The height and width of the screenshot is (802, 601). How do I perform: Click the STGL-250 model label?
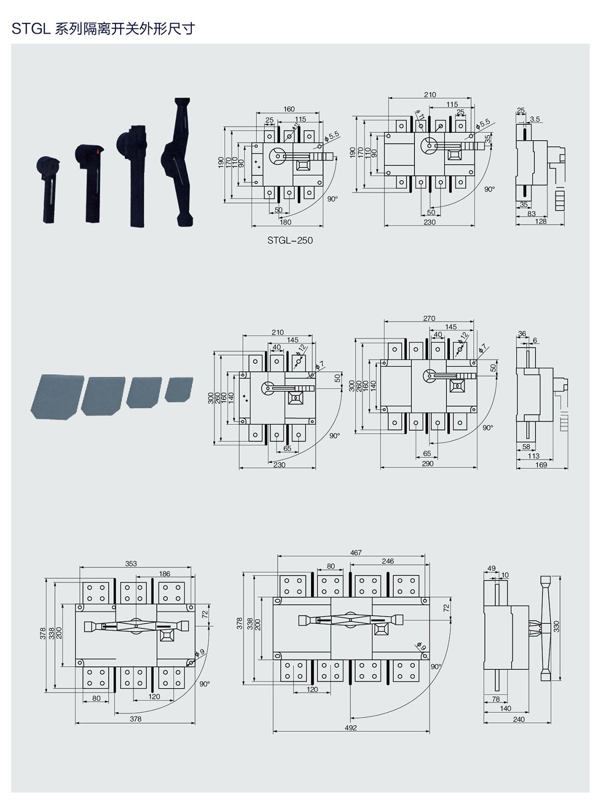290,240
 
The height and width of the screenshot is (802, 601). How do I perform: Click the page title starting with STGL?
103,28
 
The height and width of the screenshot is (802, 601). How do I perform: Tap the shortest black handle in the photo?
48,189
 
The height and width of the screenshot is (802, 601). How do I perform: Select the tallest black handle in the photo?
178,161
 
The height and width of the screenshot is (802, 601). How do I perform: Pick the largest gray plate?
57,396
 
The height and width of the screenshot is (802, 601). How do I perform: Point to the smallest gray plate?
179,390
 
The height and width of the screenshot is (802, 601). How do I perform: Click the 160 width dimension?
289,109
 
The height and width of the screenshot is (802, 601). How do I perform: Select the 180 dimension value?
285,222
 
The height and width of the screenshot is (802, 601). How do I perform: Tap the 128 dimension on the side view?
540,221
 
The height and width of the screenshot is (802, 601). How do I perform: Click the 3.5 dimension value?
535,119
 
